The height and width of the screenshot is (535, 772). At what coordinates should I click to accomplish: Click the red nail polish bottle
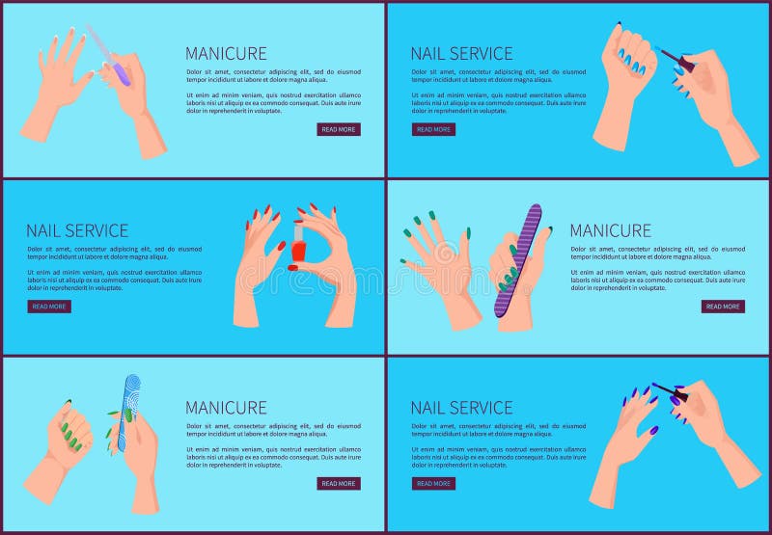tap(298, 249)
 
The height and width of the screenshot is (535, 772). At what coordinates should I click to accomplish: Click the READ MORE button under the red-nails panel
tap(49, 307)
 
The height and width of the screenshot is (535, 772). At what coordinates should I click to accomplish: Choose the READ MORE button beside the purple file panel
tap(723, 307)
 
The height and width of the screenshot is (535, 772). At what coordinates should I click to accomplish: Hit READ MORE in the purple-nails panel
tap(433, 483)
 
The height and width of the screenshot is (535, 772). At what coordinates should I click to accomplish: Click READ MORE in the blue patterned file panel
tap(339, 483)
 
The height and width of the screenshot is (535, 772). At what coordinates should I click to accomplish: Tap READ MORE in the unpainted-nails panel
tap(339, 129)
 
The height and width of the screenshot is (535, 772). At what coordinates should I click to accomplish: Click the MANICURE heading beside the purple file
tap(610, 231)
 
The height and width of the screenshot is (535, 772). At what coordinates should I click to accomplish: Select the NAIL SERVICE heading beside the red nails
tap(77, 231)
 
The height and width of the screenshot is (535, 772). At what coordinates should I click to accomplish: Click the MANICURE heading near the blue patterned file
tap(226, 408)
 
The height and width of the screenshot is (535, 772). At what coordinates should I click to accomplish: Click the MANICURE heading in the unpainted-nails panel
tap(226, 54)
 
